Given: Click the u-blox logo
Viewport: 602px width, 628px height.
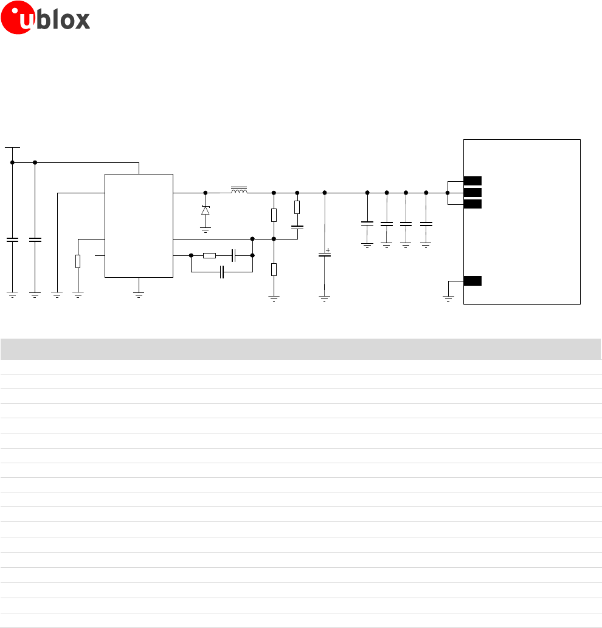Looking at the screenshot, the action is click(46, 20).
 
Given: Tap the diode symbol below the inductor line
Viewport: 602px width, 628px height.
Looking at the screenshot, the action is click(205, 210).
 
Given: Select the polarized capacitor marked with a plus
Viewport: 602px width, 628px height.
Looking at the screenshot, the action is click(325, 255).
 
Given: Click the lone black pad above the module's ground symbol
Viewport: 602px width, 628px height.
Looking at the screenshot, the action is click(472, 280).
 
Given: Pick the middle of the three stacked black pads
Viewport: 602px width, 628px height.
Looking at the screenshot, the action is click(472, 192).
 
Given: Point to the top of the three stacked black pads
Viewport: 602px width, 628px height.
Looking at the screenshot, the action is click(472, 181).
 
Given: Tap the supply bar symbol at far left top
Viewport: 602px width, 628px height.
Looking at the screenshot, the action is click(12, 147).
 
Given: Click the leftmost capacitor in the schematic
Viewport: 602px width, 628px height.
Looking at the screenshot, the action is click(12, 240).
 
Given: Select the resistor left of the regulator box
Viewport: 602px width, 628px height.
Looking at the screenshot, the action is click(78, 261).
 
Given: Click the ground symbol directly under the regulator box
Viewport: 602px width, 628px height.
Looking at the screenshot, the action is click(139, 294).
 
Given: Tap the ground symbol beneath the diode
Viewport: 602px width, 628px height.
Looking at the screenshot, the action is click(205, 229).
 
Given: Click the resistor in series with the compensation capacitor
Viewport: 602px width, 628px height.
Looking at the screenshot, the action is click(209, 255).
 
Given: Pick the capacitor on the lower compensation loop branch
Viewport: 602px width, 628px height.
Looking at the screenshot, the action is click(223, 272).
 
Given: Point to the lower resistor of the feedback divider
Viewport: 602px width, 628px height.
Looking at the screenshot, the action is click(274, 269).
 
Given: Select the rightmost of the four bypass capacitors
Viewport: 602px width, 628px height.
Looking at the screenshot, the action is click(426, 224).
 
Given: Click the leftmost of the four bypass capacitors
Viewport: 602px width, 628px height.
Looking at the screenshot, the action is click(367, 224).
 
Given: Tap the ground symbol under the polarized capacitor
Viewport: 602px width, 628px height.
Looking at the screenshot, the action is click(325, 298).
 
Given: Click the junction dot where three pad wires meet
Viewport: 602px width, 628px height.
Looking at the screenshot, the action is click(448, 192).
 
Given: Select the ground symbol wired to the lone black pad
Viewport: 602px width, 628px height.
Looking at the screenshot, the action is click(448, 298).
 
